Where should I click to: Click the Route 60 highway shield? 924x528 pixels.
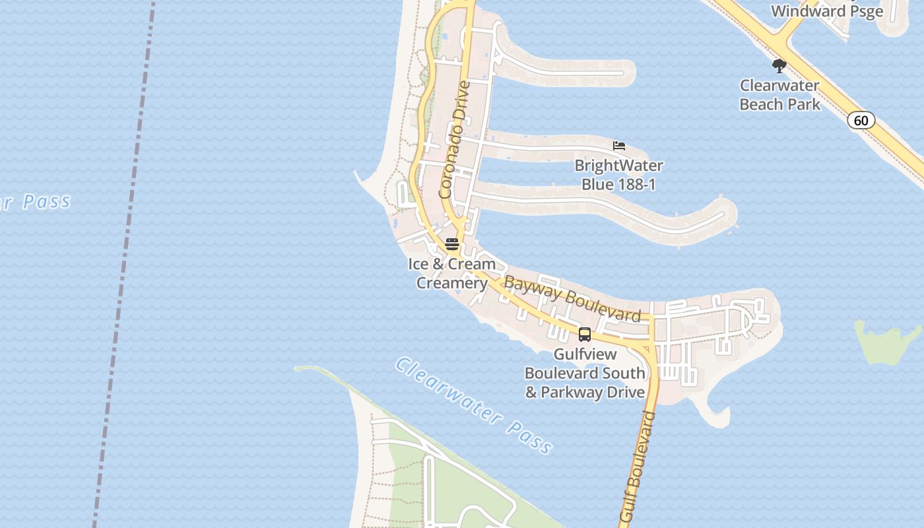861,120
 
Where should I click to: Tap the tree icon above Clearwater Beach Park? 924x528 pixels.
779,66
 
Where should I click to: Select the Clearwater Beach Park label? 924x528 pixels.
779,95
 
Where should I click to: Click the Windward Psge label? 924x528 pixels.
827,12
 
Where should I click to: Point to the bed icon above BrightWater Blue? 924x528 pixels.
619,145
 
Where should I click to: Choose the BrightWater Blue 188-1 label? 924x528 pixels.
618,175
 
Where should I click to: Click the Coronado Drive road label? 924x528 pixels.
455,139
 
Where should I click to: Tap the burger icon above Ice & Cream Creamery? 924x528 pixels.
452,244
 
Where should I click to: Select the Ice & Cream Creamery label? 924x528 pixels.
451,273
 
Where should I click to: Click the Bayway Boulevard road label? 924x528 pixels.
572,299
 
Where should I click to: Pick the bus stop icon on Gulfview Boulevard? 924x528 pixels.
585,334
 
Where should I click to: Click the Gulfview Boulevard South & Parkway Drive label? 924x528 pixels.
585,373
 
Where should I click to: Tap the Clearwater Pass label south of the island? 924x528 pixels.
473,406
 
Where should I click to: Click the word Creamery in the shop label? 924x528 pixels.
451,283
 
